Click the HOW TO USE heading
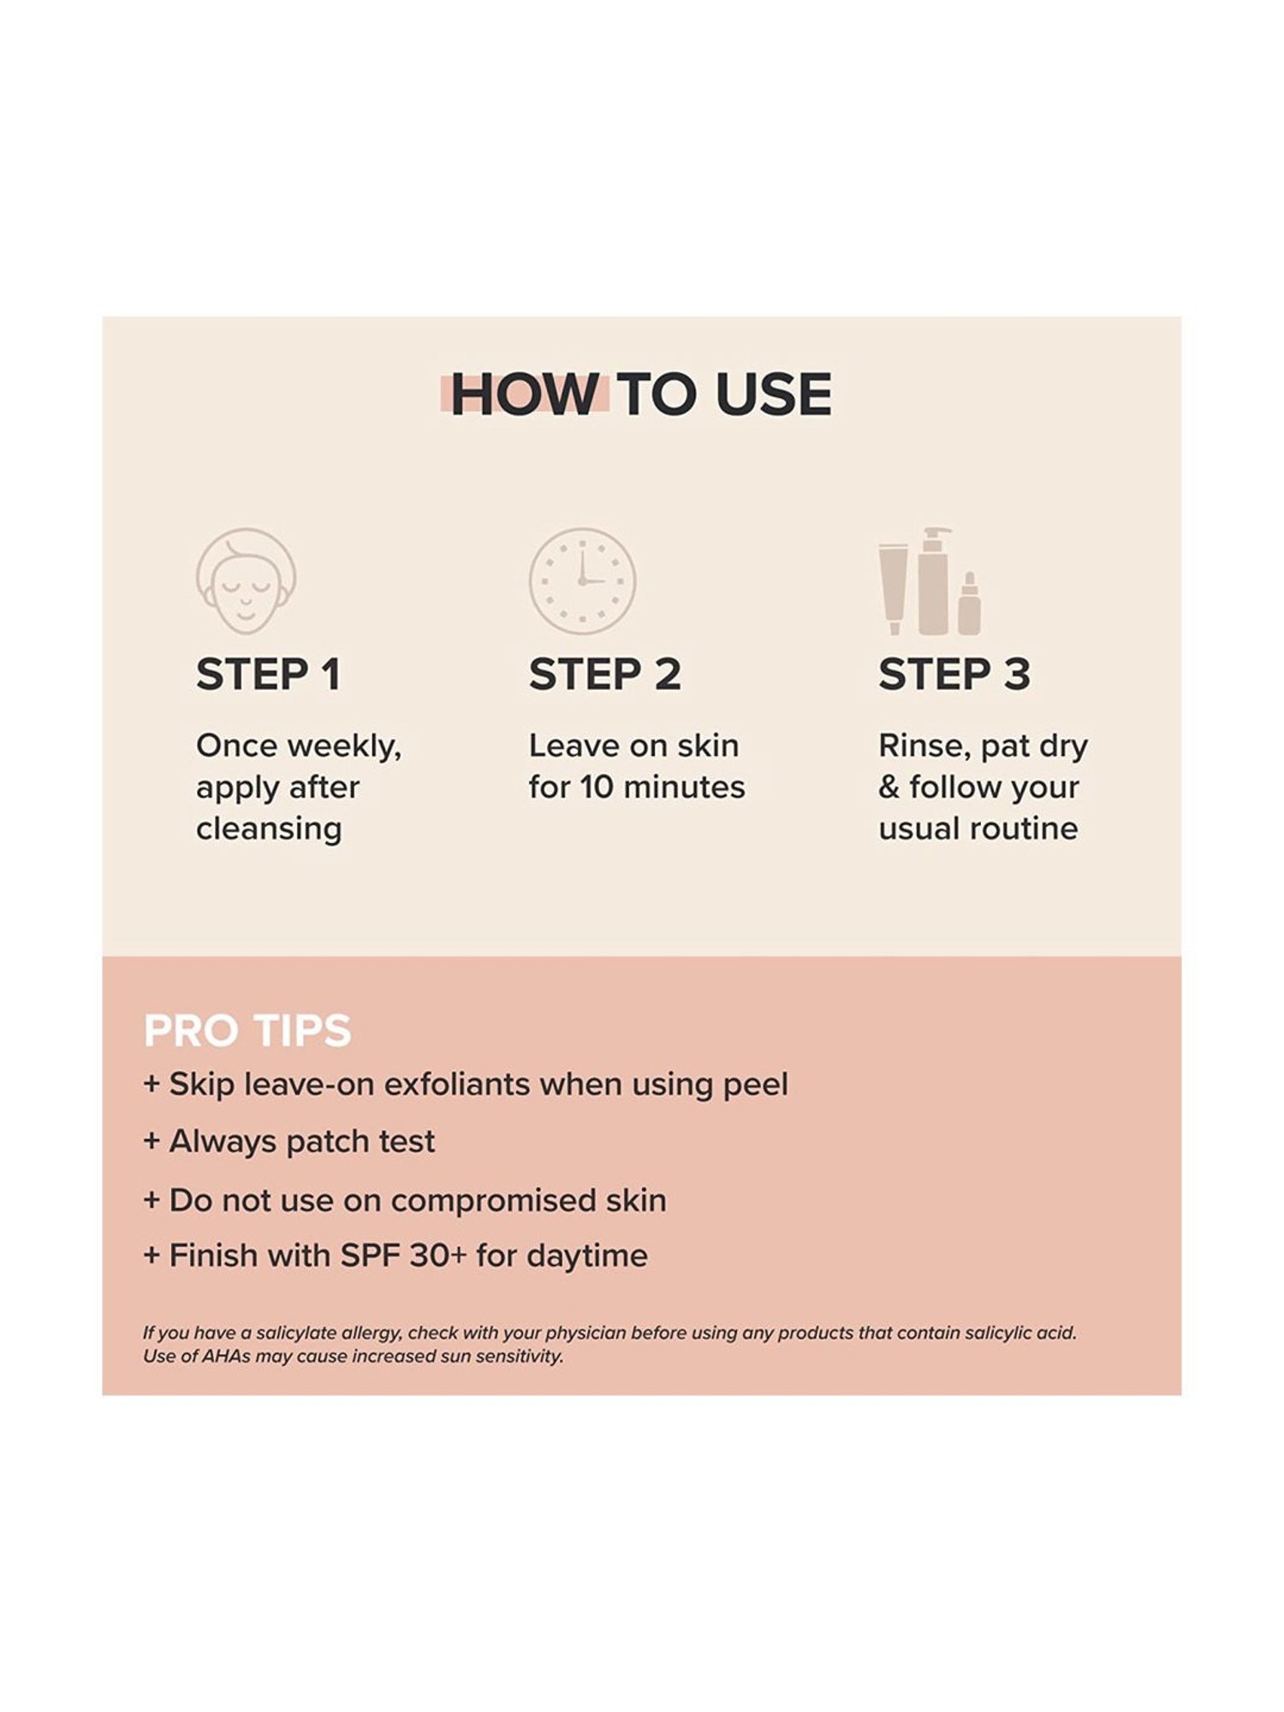tap(641, 395)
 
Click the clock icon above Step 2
tap(582, 580)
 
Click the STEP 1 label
tap(269, 675)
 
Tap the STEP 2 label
tap(604, 675)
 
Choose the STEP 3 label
tap(954, 675)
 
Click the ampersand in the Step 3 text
tap(889, 788)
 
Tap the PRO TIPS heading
tap(247, 1031)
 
